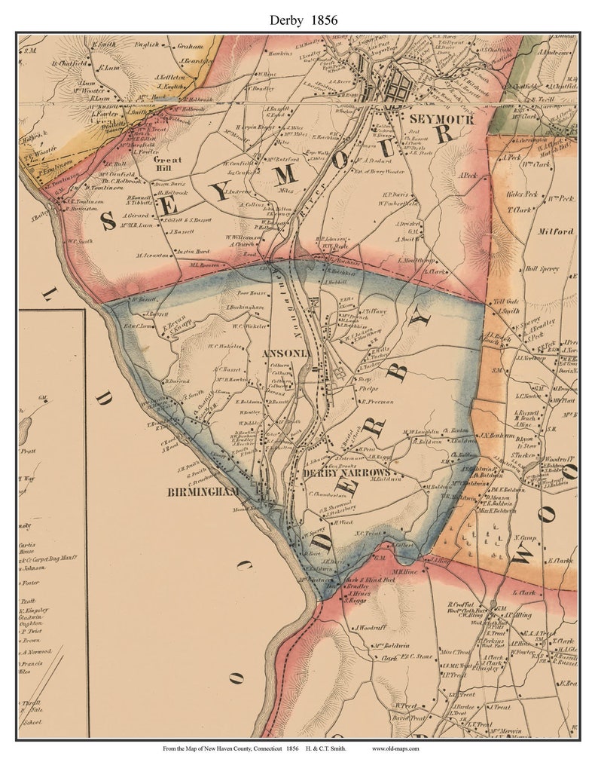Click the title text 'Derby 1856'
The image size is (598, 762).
click(299, 20)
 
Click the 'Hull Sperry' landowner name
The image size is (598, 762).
click(542, 268)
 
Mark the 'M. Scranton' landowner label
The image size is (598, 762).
click(154, 255)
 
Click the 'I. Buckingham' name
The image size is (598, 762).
click(243, 308)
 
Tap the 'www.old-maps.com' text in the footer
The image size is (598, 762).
click(395, 748)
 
